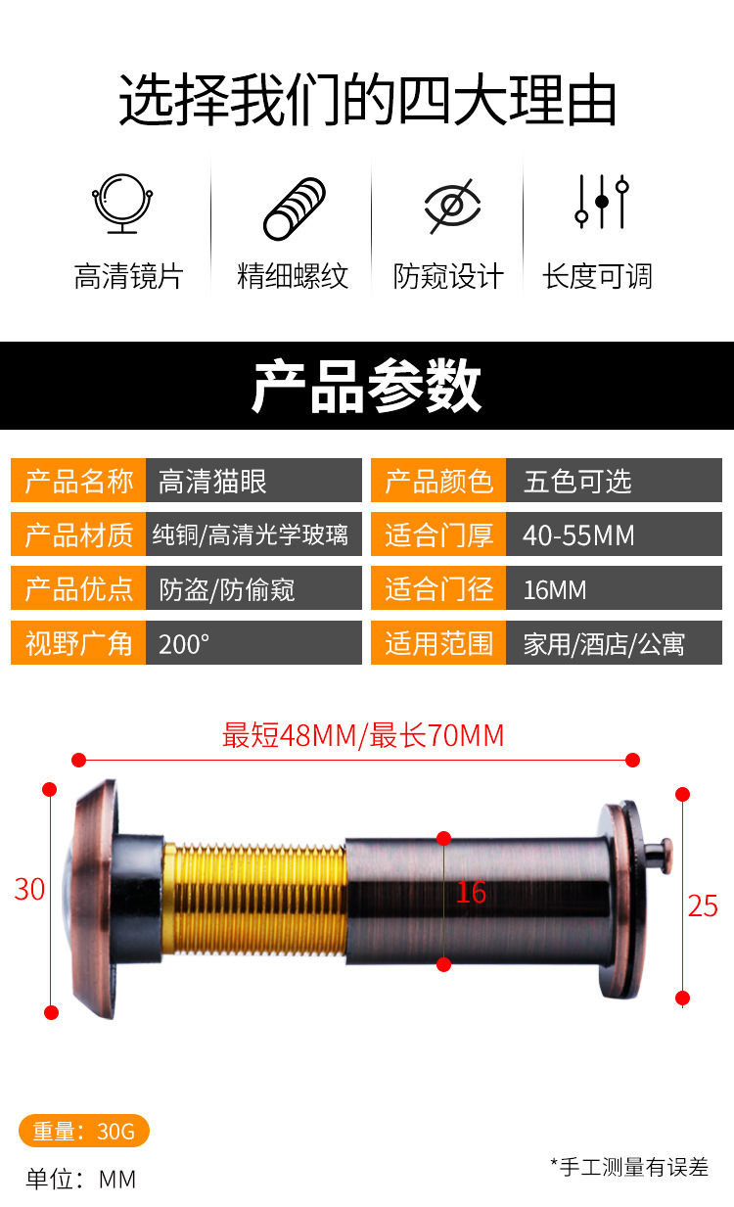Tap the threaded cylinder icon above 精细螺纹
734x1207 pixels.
294,209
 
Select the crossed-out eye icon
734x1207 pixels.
451,206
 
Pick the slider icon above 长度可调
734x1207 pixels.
600,202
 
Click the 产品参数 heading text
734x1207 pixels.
367,387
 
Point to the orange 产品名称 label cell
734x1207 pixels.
78,481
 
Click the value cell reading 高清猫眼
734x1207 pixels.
253,481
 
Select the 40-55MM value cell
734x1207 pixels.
614,535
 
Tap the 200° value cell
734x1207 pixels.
253,643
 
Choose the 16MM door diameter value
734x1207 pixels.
614,589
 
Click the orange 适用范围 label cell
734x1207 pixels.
438,643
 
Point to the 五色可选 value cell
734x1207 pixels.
614,481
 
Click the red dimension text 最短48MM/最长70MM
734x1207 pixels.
363,735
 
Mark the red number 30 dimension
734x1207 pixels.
29,889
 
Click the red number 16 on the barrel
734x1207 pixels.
471,892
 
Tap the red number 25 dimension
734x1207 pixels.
703,905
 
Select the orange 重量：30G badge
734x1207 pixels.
84,1131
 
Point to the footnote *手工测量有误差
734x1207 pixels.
629,1166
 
